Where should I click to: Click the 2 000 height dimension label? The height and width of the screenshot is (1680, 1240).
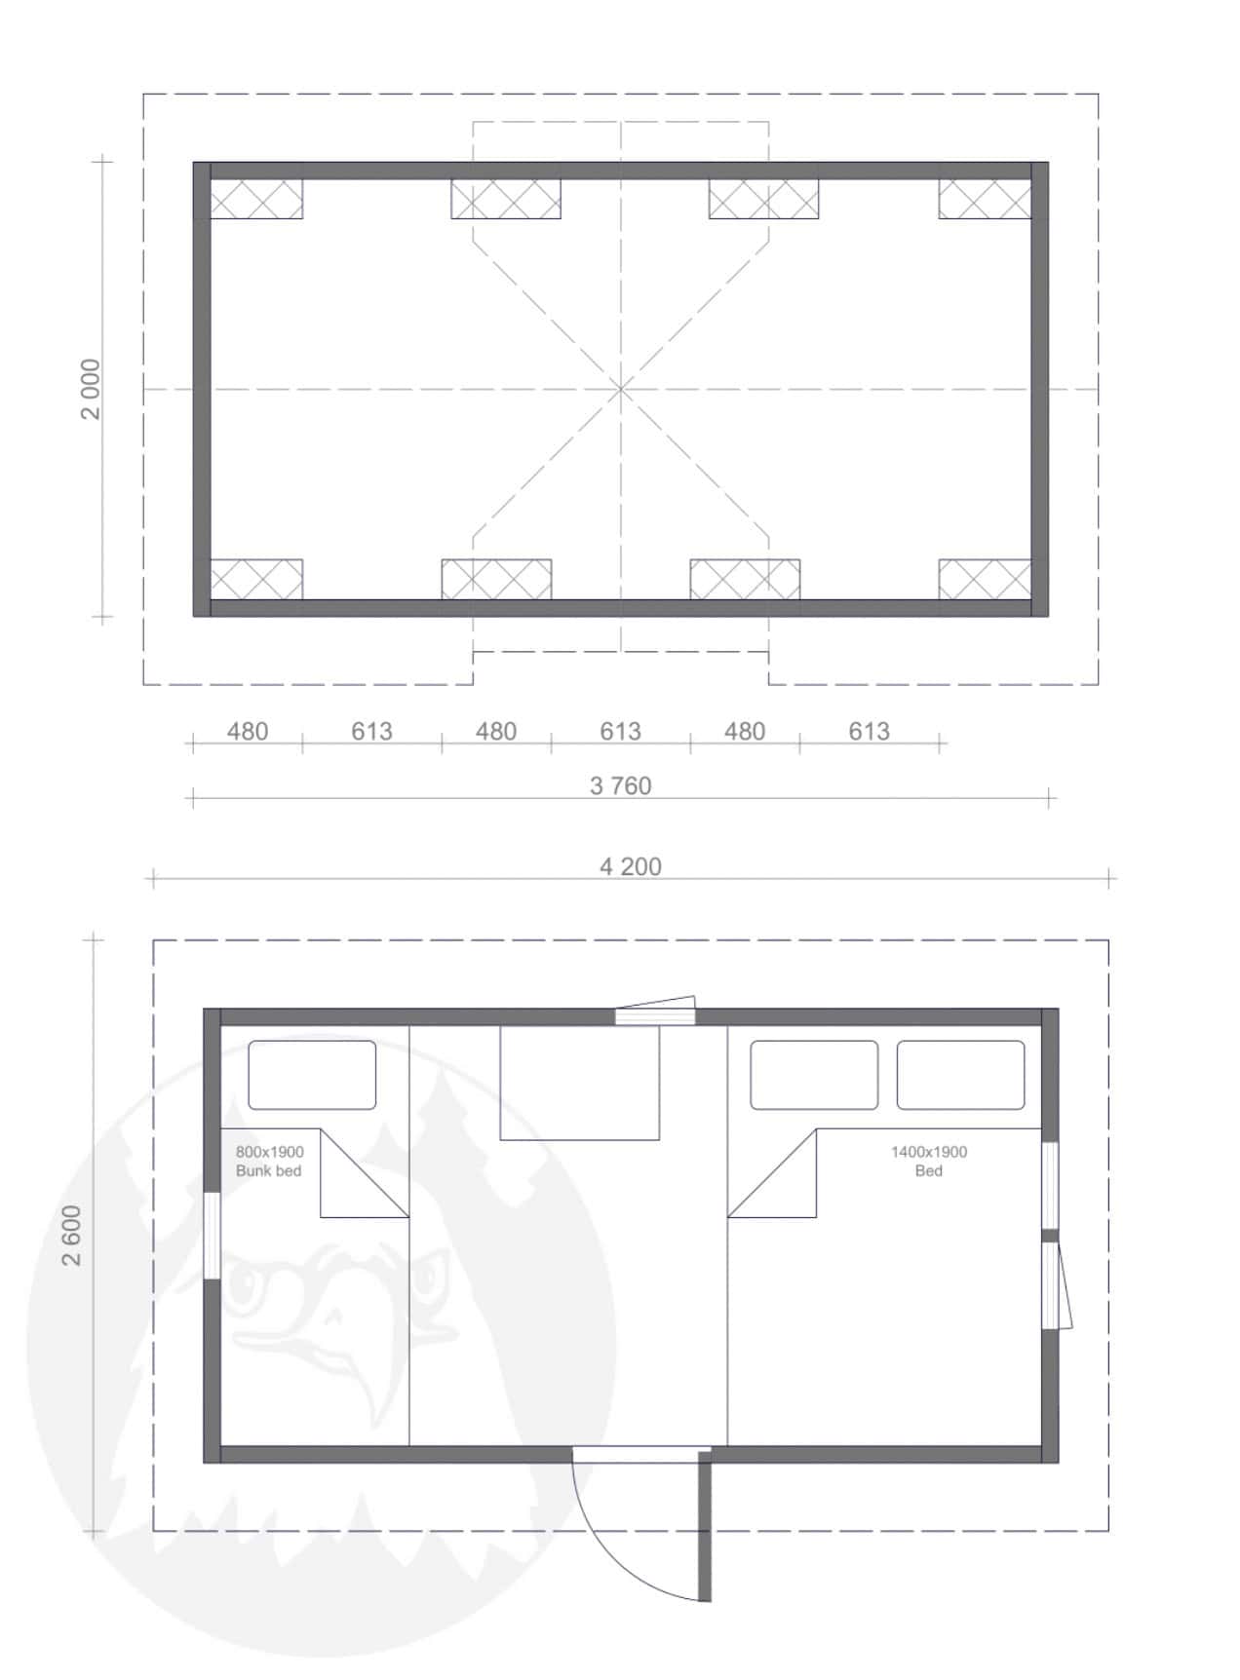(90, 389)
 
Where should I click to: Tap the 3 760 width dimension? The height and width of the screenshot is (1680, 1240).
(620, 785)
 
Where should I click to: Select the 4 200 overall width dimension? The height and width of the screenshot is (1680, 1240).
(630, 866)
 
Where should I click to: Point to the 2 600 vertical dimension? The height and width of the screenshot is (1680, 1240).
(71, 1236)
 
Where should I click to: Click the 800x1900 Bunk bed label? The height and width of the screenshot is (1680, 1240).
(269, 1161)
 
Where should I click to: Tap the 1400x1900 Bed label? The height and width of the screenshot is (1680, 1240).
(929, 1161)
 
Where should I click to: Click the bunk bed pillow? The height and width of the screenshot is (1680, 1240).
(312, 1075)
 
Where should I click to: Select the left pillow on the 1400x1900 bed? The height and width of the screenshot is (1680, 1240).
(814, 1075)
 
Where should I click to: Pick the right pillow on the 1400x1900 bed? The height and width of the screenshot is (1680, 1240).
(960, 1075)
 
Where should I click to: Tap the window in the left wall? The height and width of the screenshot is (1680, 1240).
(212, 1235)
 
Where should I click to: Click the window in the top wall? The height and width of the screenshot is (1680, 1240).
(655, 1015)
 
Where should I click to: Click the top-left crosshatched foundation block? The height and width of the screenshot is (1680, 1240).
(256, 199)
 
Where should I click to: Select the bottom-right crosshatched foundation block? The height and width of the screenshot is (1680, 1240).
(985, 580)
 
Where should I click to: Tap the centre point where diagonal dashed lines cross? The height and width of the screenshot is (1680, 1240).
(621, 389)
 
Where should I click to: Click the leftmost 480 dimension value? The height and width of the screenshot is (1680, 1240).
(248, 731)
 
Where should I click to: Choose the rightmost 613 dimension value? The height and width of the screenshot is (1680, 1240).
(869, 731)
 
